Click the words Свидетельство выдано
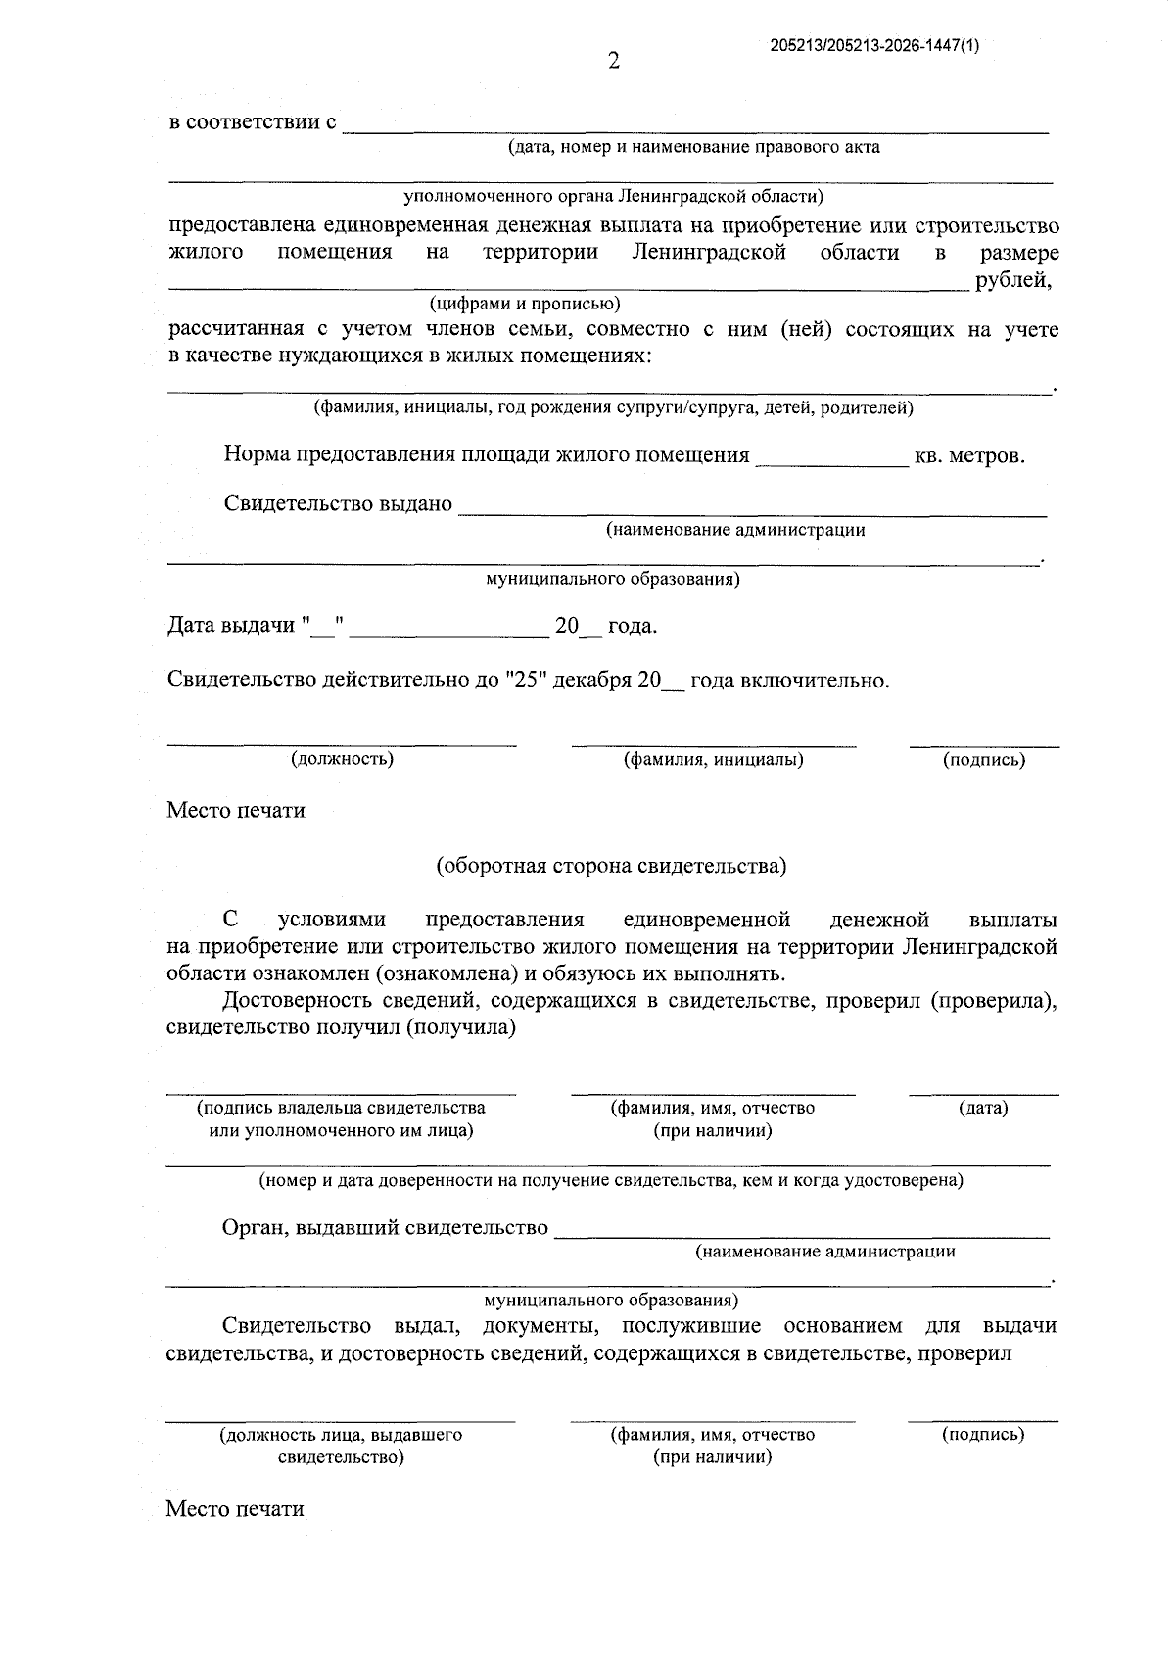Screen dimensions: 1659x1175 click(338, 504)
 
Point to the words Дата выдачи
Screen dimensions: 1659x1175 click(231, 626)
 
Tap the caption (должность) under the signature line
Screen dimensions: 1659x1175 click(342, 759)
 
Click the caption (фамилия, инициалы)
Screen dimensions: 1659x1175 click(714, 759)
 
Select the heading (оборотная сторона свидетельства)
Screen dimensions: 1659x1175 click(611, 866)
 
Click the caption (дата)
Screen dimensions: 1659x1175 click(983, 1108)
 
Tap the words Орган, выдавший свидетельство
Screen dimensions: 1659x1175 click(385, 1228)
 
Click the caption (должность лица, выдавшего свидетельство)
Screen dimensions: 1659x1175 click(341, 1446)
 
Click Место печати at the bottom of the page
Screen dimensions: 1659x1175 click(235, 1509)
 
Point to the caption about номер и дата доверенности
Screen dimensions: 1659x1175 click(610, 1180)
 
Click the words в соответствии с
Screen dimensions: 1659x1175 click(253, 122)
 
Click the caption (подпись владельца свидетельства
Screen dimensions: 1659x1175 click(341, 1108)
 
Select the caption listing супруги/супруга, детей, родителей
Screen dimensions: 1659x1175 click(613, 407)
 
